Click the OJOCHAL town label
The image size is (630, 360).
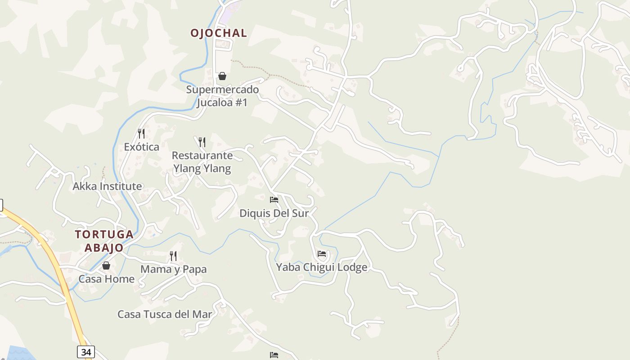pos(219,33)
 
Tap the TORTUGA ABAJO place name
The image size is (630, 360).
pos(104,241)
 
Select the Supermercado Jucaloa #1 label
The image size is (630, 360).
pos(222,96)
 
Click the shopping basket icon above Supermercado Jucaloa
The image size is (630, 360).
pos(222,76)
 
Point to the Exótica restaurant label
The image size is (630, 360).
pos(142,147)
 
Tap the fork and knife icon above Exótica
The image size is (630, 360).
pos(141,133)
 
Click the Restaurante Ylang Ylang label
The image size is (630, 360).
pos(202,162)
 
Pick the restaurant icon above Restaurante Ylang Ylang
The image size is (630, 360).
pos(202,142)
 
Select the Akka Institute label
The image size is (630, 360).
pos(108,186)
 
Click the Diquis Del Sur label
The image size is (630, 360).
pos(274,213)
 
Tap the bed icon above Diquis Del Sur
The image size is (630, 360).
pos(274,199)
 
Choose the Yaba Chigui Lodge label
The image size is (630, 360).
pos(321,267)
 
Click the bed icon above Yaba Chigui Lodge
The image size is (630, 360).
pos(321,254)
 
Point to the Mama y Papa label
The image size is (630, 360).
pos(174,270)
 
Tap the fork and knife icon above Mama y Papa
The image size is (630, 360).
pos(173,256)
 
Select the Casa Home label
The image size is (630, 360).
pos(107,279)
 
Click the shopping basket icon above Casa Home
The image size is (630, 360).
pos(106,265)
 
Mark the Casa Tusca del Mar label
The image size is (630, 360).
pos(165,315)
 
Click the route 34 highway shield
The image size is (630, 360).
pos(85,352)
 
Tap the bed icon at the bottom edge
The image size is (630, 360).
pos(274,355)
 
